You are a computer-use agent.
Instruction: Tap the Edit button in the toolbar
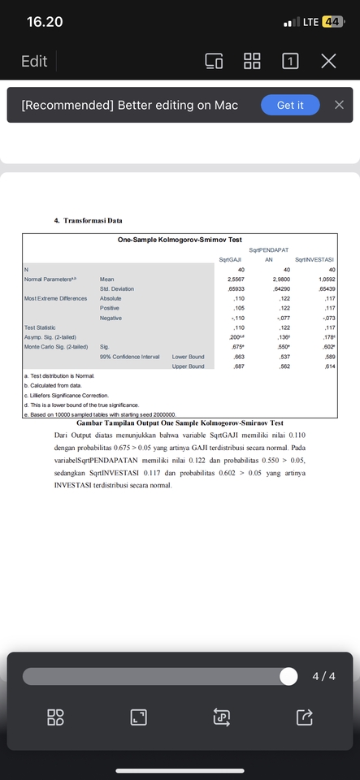[33, 62]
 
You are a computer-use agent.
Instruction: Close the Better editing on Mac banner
[339, 105]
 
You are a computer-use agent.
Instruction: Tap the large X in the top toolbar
[327, 62]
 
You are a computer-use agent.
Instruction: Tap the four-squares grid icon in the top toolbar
[253, 62]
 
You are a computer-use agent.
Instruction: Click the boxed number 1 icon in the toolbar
[290, 62]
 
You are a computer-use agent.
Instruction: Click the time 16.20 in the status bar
[45, 21]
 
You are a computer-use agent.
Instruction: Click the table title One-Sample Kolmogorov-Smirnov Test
[180, 240]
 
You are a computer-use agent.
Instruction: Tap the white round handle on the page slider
[288, 676]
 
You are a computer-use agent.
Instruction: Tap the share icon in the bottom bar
[304, 717]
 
